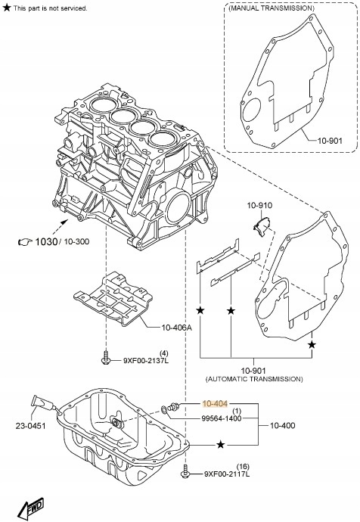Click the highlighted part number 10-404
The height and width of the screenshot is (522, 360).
coord(215,404)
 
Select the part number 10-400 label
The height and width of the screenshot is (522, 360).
coord(282,425)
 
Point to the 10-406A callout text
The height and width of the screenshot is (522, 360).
coord(177,328)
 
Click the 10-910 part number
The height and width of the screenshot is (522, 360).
coord(259,206)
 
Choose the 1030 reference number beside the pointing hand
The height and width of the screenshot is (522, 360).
coord(46,241)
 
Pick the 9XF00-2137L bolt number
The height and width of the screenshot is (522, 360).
coord(146,360)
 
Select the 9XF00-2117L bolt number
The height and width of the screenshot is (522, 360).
coord(227,474)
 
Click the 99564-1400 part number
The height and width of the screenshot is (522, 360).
coord(222,418)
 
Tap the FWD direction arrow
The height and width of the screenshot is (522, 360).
coord(30,508)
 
